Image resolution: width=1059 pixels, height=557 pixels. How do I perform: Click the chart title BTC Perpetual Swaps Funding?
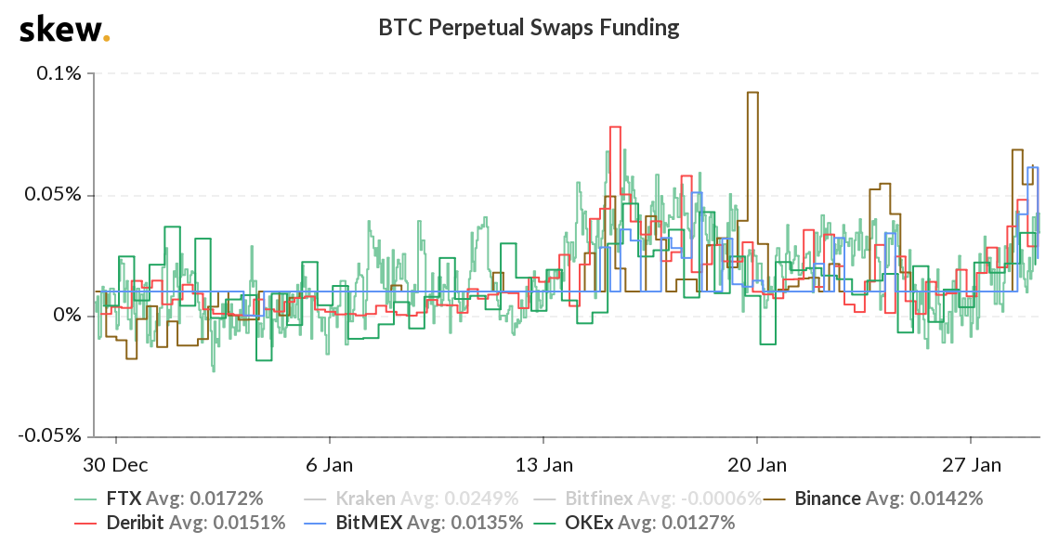pos(529,28)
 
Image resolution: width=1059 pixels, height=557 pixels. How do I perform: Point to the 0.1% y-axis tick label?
pos(59,73)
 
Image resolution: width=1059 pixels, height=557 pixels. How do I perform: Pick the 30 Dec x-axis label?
pos(116,463)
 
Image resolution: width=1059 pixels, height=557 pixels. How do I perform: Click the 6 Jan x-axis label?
pos(330,463)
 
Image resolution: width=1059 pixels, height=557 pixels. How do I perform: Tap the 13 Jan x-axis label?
pos(543,463)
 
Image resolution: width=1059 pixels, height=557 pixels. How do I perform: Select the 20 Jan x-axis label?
pos(757,463)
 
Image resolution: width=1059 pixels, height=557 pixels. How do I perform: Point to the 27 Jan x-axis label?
pos(971,463)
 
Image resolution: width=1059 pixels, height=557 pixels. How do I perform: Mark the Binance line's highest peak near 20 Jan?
pos(752,92)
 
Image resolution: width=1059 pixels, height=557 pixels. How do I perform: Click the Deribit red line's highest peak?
pos(614,126)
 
